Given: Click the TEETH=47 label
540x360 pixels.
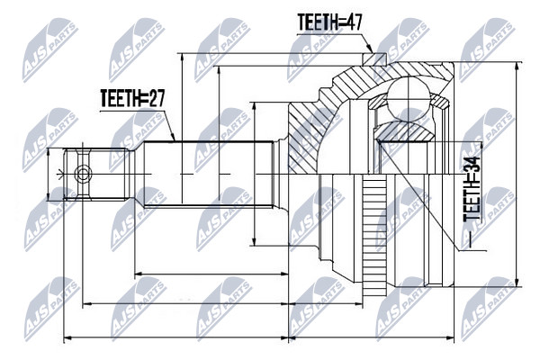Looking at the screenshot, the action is coord(329,22).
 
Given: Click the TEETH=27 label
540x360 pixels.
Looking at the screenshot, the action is coord(132,98).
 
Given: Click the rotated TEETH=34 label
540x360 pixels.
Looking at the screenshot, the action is coord(471,189).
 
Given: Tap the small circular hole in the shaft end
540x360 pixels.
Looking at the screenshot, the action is coord(83,174).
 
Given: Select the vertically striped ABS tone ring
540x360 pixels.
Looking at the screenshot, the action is coord(374,237).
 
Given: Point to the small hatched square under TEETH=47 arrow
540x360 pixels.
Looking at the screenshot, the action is coord(374,58).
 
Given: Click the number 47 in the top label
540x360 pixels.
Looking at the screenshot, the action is coord(352,22).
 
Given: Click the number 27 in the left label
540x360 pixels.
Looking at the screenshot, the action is coord(156,98).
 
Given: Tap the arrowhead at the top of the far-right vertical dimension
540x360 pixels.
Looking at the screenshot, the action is coord(517,67).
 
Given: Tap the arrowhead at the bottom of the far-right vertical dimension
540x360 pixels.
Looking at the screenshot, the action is coord(517,282).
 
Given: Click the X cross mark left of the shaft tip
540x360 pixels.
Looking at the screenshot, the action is coord(61,175).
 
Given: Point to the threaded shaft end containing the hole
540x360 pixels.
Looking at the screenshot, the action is coord(97,174).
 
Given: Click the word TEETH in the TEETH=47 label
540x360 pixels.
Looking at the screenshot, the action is coord(316,22).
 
